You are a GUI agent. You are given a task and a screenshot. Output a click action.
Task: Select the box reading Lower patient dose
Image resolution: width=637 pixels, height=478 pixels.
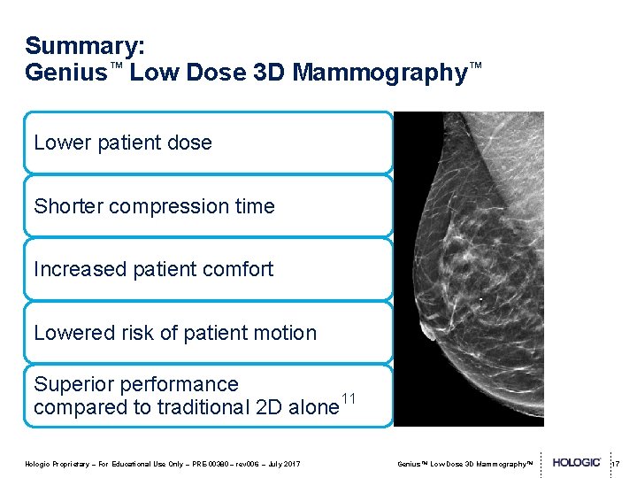tap(208, 143)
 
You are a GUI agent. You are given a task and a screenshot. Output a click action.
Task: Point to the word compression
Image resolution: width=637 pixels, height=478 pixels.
tap(169, 206)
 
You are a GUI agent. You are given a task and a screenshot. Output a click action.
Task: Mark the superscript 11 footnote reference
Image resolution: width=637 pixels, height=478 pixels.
tap(349, 399)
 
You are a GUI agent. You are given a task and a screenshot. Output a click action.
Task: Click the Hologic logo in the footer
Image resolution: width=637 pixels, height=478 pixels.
tap(577, 462)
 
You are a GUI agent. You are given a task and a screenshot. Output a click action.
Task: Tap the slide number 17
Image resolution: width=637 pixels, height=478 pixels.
tap(616, 463)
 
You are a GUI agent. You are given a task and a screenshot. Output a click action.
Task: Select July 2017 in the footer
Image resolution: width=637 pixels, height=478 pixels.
tap(282, 463)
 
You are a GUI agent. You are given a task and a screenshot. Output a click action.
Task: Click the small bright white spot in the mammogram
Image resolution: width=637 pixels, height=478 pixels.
tap(480, 300)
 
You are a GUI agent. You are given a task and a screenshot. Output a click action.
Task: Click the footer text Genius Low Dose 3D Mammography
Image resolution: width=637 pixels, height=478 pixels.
tap(465, 463)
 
